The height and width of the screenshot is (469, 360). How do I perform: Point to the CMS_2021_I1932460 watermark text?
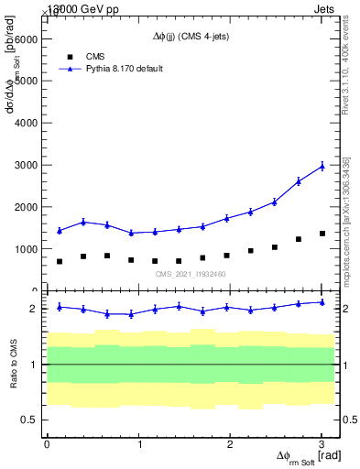(x=191, y=274)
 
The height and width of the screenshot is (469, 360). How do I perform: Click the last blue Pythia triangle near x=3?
(x=322, y=166)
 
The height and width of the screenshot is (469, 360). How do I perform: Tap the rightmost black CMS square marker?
(x=322, y=234)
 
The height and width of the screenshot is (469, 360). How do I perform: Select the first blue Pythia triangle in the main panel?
(x=60, y=231)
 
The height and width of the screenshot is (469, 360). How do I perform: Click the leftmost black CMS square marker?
(x=60, y=261)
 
